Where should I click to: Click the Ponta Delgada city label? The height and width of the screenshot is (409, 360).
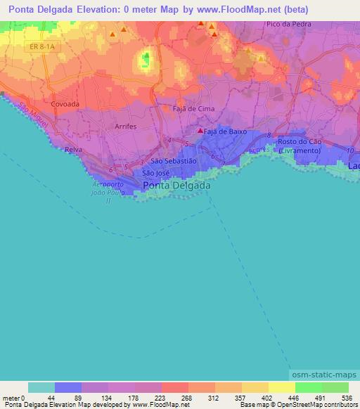pyautogui.click(x=176, y=186)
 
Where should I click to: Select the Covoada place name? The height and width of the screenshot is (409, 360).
pyautogui.click(x=65, y=103)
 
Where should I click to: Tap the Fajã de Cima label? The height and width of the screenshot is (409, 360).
pyautogui.click(x=193, y=109)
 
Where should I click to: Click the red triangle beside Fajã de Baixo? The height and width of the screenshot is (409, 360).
pyautogui.click(x=200, y=131)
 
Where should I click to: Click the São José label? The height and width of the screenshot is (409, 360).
pyautogui.click(x=156, y=172)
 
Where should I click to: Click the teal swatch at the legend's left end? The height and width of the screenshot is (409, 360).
pyautogui.click(x=41, y=387)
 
